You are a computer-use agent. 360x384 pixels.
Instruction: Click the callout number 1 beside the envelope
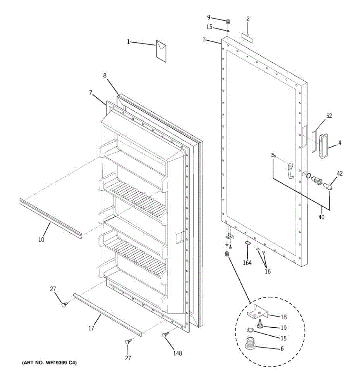coord(128,42)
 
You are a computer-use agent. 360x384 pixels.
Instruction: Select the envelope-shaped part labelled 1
coord(161,51)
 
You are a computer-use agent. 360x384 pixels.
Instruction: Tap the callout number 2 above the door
coord(248,19)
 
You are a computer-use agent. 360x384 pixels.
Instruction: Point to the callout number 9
coord(209,17)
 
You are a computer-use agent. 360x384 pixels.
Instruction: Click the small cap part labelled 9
coord(228,22)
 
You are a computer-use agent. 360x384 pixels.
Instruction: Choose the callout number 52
coord(329,116)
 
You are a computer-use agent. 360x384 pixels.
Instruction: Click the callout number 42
coord(340,173)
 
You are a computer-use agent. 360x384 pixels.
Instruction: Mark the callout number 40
coord(321,217)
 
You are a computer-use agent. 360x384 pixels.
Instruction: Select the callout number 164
coord(247,263)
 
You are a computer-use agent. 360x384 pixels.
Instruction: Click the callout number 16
coord(268,271)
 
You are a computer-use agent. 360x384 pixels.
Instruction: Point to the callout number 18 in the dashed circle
coord(284,317)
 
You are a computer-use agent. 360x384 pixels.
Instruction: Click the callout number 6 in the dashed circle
coord(282,349)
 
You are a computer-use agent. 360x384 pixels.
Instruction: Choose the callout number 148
coord(178,353)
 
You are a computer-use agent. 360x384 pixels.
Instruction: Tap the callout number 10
coord(42,239)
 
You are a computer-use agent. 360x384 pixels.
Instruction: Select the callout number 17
coord(91,328)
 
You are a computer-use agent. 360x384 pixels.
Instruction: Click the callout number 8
coord(105,76)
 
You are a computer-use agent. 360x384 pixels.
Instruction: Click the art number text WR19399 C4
coord(49,363)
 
